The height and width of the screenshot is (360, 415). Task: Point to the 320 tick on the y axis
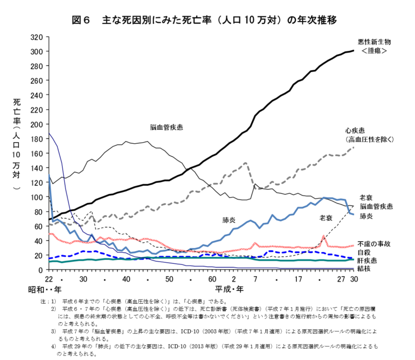[x=37, y=37]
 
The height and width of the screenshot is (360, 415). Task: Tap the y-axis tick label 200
[x=37, y=124]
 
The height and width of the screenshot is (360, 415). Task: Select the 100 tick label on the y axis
[x=37, y=197]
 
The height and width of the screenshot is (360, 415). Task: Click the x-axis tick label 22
[x=49, y=279]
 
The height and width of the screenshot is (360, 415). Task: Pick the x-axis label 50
[x=169, y=279]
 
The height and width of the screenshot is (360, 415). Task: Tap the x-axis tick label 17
[x=298, y=279]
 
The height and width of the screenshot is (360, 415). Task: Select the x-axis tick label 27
[x=341, y=279]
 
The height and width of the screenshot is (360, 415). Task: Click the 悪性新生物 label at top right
[x=374, y=42]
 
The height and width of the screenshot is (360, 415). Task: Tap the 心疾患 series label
[x=356, y=131]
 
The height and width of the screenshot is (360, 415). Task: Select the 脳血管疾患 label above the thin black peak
[x=166, y=128]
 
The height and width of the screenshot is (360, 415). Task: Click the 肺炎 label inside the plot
[x=229, y=220]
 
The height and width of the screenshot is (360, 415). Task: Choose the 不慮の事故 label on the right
[x=374, y=244]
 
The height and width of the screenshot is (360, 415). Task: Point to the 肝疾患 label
[x=367, y=260]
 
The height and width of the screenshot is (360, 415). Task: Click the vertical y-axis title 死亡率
[x=17, y=143]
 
